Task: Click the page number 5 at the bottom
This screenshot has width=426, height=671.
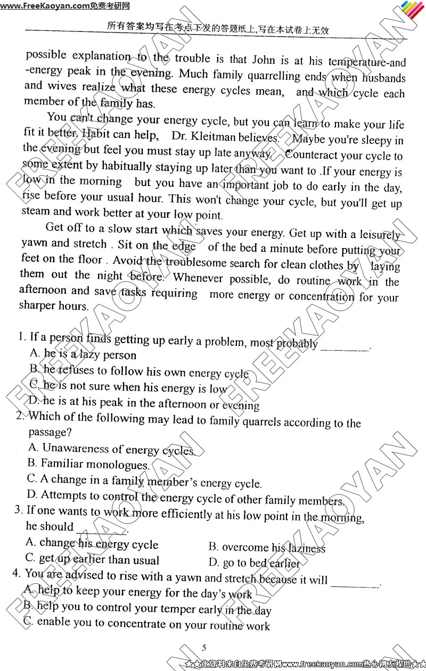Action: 204,648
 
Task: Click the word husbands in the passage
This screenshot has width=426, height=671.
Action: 383,78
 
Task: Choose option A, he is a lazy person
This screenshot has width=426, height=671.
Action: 83,354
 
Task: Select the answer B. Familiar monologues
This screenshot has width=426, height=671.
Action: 88,464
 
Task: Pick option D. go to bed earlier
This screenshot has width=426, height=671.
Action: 254,563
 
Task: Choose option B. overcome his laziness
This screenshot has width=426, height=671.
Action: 266,548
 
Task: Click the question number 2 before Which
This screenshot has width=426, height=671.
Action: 20,416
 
